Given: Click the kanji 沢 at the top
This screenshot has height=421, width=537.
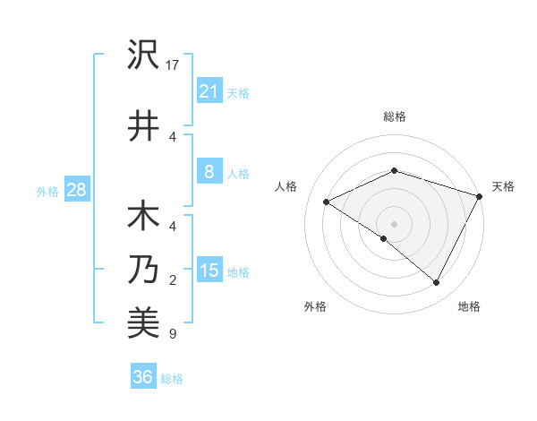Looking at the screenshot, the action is [x=143, y=56].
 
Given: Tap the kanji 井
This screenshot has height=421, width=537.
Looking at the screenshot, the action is [x=143, y=125].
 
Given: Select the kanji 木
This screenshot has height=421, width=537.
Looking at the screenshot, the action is [x=143, y=219].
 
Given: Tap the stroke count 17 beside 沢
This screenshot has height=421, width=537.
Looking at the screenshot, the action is [x=174, y=65].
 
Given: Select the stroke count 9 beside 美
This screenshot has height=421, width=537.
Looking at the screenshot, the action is [x=173, y=335].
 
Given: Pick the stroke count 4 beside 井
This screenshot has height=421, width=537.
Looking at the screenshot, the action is [x=173, y=136].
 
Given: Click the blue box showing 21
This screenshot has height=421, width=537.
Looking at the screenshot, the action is [x=209, y=90].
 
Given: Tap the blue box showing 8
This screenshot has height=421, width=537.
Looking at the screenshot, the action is [x=209, y=173].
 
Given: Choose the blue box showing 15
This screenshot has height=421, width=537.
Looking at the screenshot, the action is [x=209, y=271].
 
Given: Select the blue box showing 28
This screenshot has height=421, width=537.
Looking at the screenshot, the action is [x=75, y=190].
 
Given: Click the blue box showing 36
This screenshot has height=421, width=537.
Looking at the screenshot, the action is [x=142, y=377].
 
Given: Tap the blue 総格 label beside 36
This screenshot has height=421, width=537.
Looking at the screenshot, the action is [x=172, y=379].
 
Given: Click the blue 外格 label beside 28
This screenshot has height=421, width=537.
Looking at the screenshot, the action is [x=47, y=191].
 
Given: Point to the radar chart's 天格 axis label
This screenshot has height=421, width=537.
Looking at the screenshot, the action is [x=503, y=186].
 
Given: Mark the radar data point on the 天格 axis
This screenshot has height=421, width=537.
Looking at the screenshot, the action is [x=480, y=196].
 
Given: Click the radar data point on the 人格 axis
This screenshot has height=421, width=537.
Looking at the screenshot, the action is [x=327, y=202].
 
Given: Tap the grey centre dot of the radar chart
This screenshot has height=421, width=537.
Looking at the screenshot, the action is [x=394, y=223].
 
